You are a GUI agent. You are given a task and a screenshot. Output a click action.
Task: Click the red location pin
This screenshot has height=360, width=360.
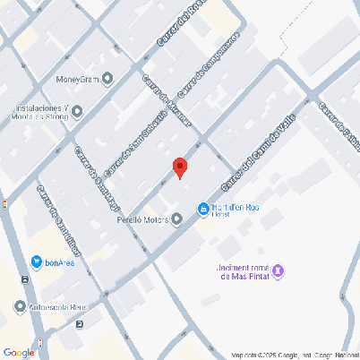click(x=179, y=167)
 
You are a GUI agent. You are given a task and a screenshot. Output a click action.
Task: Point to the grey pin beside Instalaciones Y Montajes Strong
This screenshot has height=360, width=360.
click(x=76, y=112)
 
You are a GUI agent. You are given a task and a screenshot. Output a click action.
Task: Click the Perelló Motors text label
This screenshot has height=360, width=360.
click(x=143, y=218)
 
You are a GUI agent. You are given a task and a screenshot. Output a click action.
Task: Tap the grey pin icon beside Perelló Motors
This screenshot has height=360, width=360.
click(x=177, y=218)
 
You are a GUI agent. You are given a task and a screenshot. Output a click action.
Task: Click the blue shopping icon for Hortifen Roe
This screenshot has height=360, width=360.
click(x=203, y=210)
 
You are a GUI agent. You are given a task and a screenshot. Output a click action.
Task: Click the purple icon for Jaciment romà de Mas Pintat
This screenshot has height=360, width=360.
click(x=279, y=270)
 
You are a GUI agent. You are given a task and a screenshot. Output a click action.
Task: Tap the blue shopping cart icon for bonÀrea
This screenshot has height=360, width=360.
click(x=36, y=261)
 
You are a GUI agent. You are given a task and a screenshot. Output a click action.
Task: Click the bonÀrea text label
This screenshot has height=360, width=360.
click(x=60, y=262)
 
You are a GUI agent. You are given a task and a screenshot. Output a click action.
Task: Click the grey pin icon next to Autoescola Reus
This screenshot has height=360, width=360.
click(x=21, y=307)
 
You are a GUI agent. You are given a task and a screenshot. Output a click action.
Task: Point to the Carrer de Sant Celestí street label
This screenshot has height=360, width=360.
click(x=135, y=142)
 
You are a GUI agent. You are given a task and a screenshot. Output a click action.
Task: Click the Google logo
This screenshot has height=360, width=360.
click(x=19, y=352)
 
